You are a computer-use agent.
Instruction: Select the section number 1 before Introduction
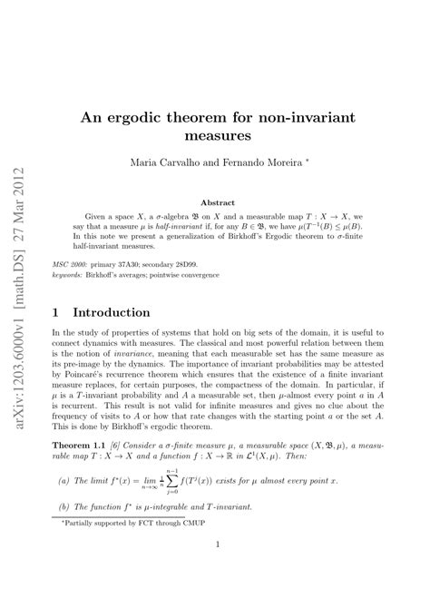[x=58, y=313]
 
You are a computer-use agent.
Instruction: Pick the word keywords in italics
[x=68, y=272]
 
